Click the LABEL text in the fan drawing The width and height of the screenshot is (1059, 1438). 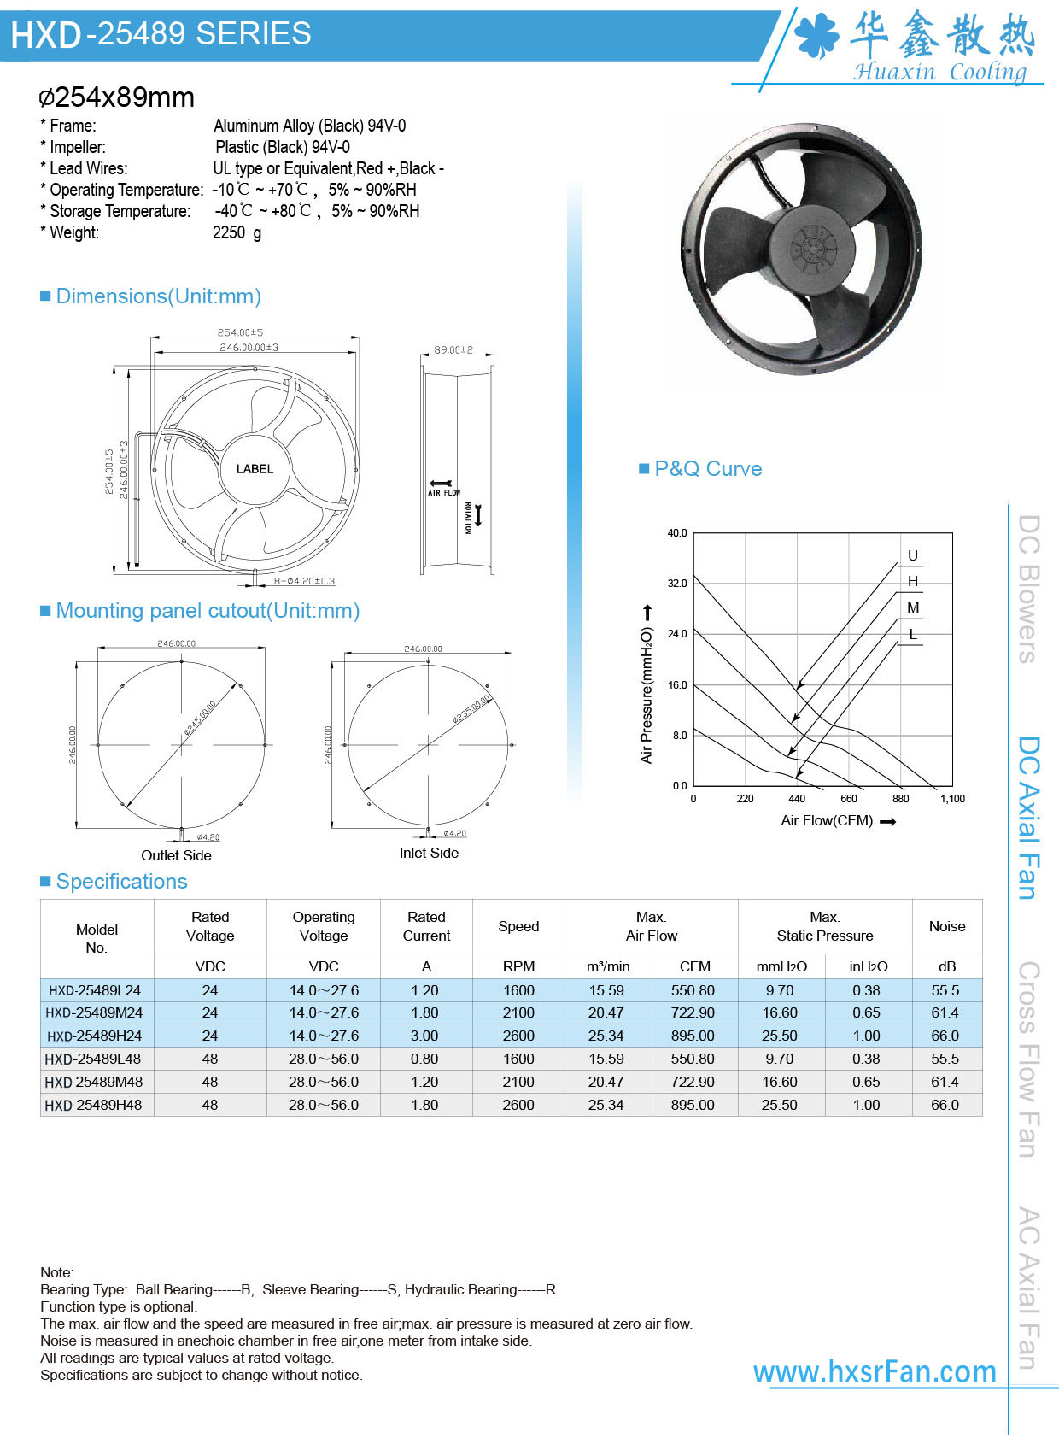click(255, 469)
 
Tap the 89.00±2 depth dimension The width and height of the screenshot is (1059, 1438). click(453, 349)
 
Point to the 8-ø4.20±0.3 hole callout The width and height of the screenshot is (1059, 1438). click(304, 581)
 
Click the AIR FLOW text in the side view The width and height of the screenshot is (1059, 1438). click(444, 493)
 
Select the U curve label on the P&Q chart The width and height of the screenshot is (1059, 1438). click(912, 555)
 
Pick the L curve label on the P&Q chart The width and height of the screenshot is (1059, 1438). click(912, 634)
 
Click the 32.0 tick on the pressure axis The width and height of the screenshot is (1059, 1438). click(677, 584)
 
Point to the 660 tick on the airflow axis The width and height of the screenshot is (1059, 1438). click(848, 799)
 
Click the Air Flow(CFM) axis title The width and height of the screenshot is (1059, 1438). click(827, 821)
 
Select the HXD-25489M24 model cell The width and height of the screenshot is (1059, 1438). click(95, 1012)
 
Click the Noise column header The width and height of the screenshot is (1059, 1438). click(947, 926)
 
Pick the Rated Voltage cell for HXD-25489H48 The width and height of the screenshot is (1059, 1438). click(210, 1105)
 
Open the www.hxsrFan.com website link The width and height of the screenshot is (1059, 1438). click(875, 1371)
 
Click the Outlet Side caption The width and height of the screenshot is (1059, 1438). click(176, 855)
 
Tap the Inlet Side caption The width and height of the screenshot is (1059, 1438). click(429, 853)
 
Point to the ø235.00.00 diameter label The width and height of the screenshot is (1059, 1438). click(471, 709)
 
